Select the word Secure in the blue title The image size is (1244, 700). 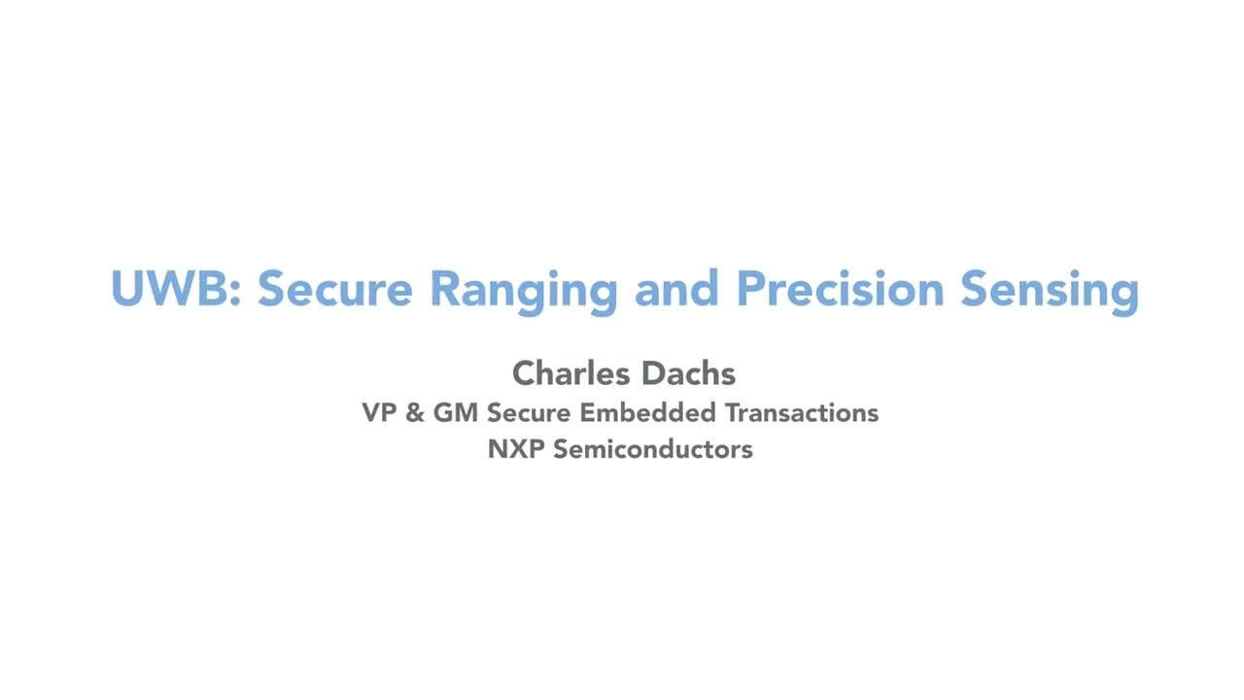(335, 288)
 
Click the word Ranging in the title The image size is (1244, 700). (524, 293)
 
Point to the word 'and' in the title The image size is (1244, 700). (676, 288)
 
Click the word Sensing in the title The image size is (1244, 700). (1050, 293)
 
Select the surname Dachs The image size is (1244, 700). (689, 372)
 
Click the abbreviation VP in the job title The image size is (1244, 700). (379, 413)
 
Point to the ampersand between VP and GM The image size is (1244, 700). (414, 413)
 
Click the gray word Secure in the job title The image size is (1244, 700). (529, 413)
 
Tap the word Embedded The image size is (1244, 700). (648, 413)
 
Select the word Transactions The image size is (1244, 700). (802, 413)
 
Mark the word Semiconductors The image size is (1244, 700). (652, 449)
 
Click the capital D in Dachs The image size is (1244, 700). (654, 372)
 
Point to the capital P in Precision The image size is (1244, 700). (750, 289)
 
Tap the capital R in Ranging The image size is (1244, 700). (445, 289)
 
